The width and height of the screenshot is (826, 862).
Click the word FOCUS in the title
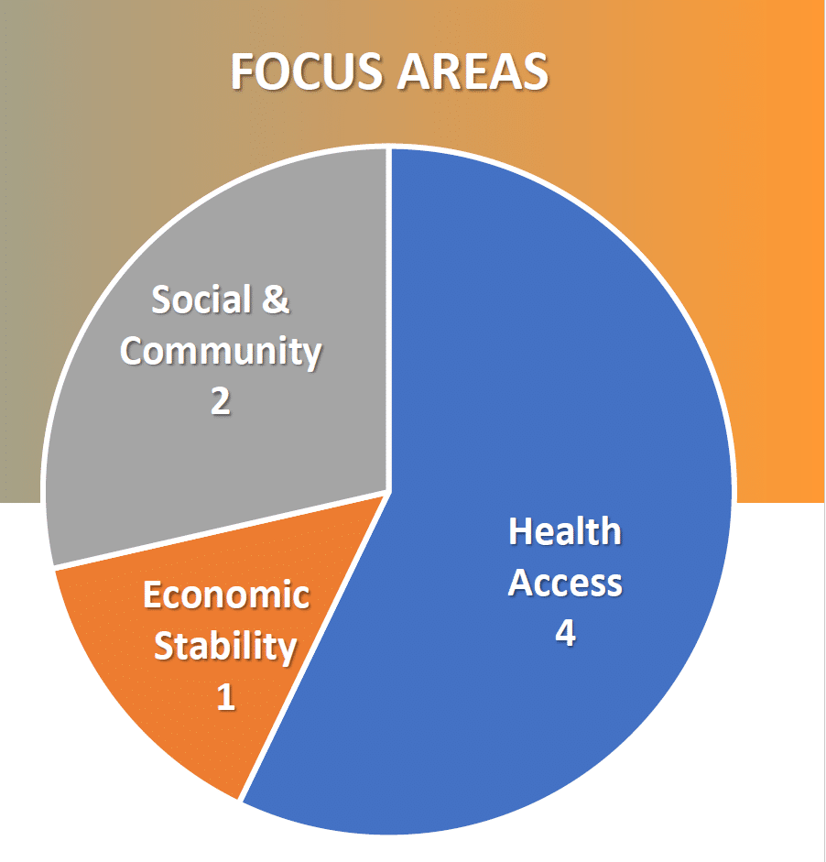pyautogui.click(x=307, y=71)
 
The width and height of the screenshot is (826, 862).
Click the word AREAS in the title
pyautogui.click(x=473, y=71)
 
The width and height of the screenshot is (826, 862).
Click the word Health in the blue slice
pyautogui.click(x=565, y=531)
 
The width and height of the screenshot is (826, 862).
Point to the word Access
pyautogui.click(x=565, y=583)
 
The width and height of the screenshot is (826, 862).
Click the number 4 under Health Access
pyautogui.click(x=565, y=633)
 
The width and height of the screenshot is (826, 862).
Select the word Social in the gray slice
pyautogui.click(x=201, y=300)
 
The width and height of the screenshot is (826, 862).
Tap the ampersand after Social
pyautogui.click(x=276, y=300)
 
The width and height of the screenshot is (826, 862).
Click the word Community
pyautogui.click(x=221, y=352)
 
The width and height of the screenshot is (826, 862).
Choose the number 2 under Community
pyautogui.click(x=221, y=401)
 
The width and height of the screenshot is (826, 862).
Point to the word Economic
pyautogui.click(x=226, y=595)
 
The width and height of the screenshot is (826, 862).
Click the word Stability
pyautogui.click(x=225, y=647)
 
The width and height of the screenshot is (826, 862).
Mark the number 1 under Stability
pyautogui.click(x=226, y=697)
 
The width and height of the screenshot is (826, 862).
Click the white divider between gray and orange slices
pyautogui.click(x=221, y=529)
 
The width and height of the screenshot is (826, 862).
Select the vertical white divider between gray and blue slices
pyautogui.click(x=388, y=319)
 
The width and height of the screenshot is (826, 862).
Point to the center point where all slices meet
pyautogui.click(x=388, y=492)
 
